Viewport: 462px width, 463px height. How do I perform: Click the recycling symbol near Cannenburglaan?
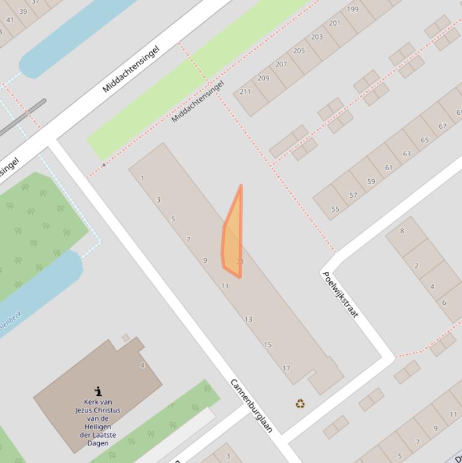[300, 403]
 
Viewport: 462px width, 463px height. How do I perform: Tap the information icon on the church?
[98, 391]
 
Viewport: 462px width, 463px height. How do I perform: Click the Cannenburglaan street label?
[252, 406]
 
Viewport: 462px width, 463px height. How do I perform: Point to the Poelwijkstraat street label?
[340, 294]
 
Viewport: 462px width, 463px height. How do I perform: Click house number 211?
[245, 91]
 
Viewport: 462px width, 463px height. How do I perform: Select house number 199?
[353, 9]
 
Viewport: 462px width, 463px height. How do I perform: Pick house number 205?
[299, 51]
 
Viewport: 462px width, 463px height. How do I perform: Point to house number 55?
[335, 209]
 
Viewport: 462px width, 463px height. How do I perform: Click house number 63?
[407, 154]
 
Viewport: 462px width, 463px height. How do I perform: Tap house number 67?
[443, 126]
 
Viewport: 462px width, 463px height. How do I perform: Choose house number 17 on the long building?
[286, 368]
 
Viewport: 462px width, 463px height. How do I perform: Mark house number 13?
[248, 319]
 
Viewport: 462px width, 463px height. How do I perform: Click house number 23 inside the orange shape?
[240, 262]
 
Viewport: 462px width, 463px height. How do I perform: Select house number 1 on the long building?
[142, 178]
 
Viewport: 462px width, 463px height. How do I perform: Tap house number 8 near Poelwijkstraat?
[402, 230]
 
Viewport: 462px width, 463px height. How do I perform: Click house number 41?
[10, 20]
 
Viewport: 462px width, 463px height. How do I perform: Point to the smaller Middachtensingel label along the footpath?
[197, 101]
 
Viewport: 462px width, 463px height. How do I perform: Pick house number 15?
[267, 345]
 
